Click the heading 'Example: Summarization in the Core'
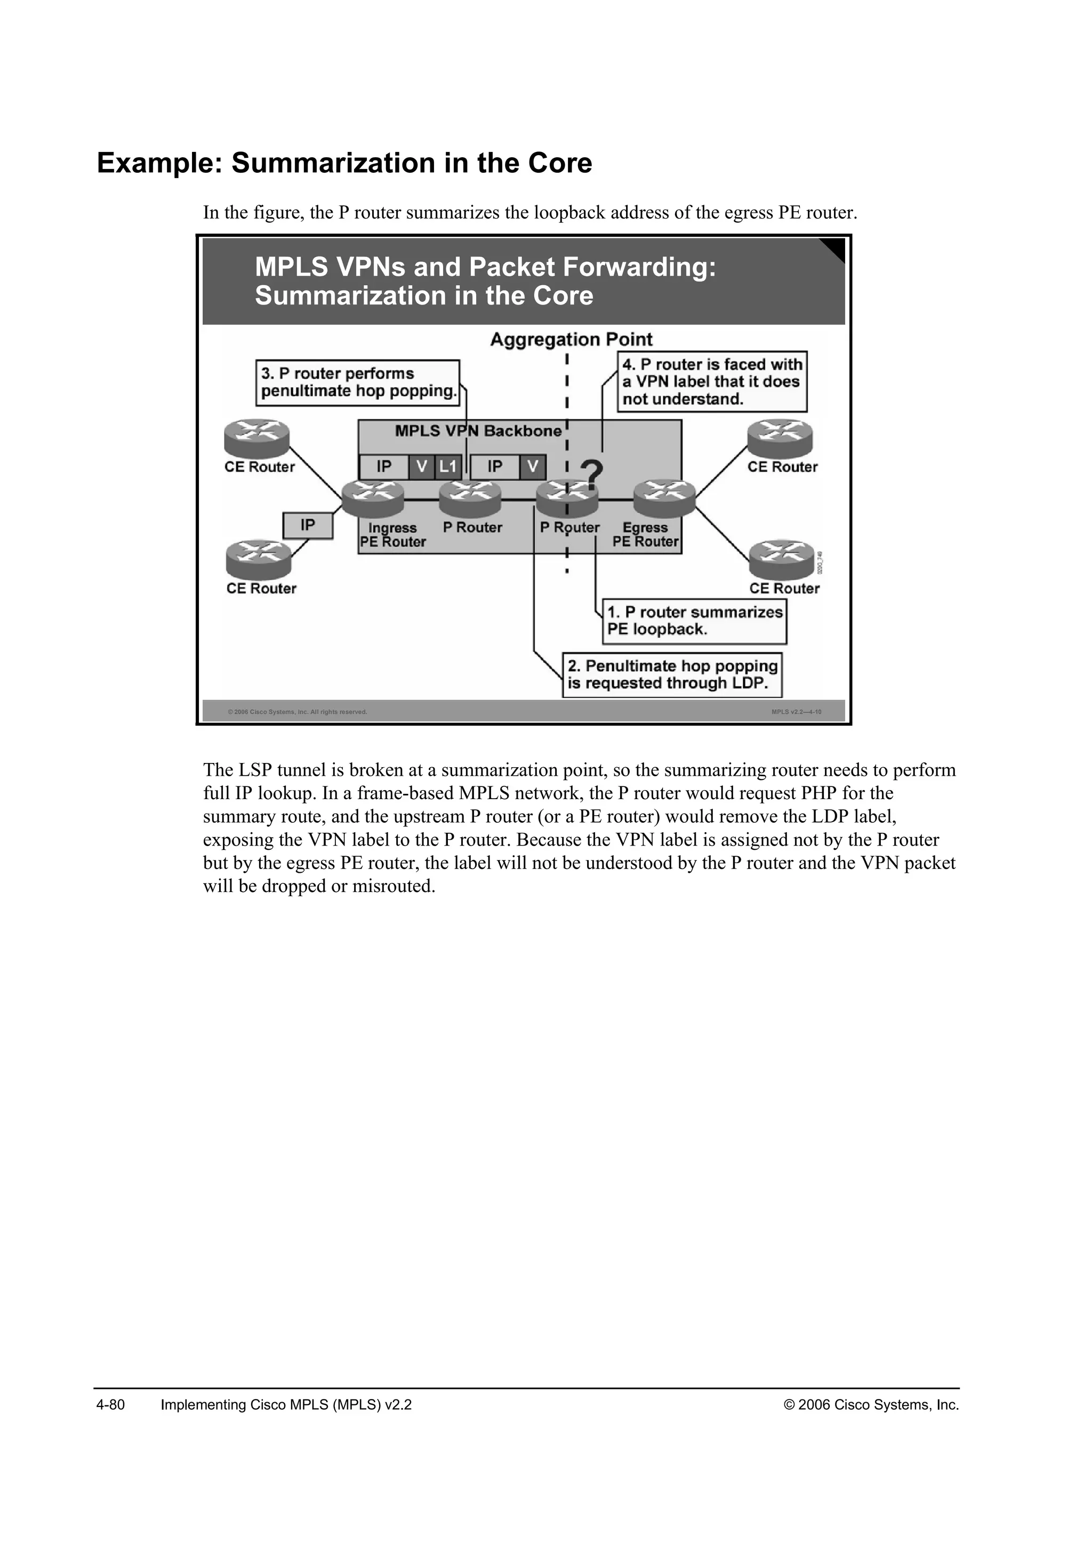click(344, 164)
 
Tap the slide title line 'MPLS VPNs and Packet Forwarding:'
click(485, 267)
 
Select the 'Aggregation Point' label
click(571, 340)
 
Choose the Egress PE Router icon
click(664, 498)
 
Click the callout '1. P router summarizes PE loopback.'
click(694, 621)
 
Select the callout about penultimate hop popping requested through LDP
click(672, 674)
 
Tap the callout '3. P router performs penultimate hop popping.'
click(358, 382)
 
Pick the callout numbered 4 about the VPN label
click(711, 381)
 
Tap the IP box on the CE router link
click(307, 525)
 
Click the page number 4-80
click(111, 1405)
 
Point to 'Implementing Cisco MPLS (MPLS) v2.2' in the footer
click(286, 1405)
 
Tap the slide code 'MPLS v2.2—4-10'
click(796, 711)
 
